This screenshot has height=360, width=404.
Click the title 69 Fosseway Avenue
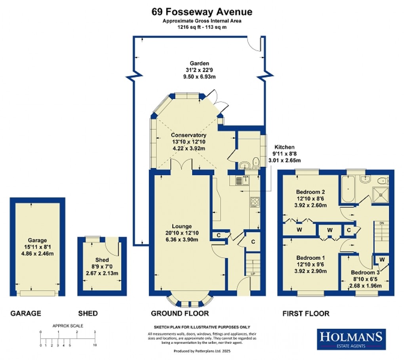click(x=202, y=11)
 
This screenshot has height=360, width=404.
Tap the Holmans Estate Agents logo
click(x=351, y=339)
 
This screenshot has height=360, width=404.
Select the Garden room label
click(x=199, y=63)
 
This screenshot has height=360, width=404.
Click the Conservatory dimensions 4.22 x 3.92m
click(x=189, y=148)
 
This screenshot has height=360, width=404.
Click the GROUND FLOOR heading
click(x=180, y=314)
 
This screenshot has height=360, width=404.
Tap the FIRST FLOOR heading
click(x=305, y=314)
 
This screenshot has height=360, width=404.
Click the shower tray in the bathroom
click(x=381, y=194)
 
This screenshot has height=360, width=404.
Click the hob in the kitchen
click(x=253, y=202)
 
